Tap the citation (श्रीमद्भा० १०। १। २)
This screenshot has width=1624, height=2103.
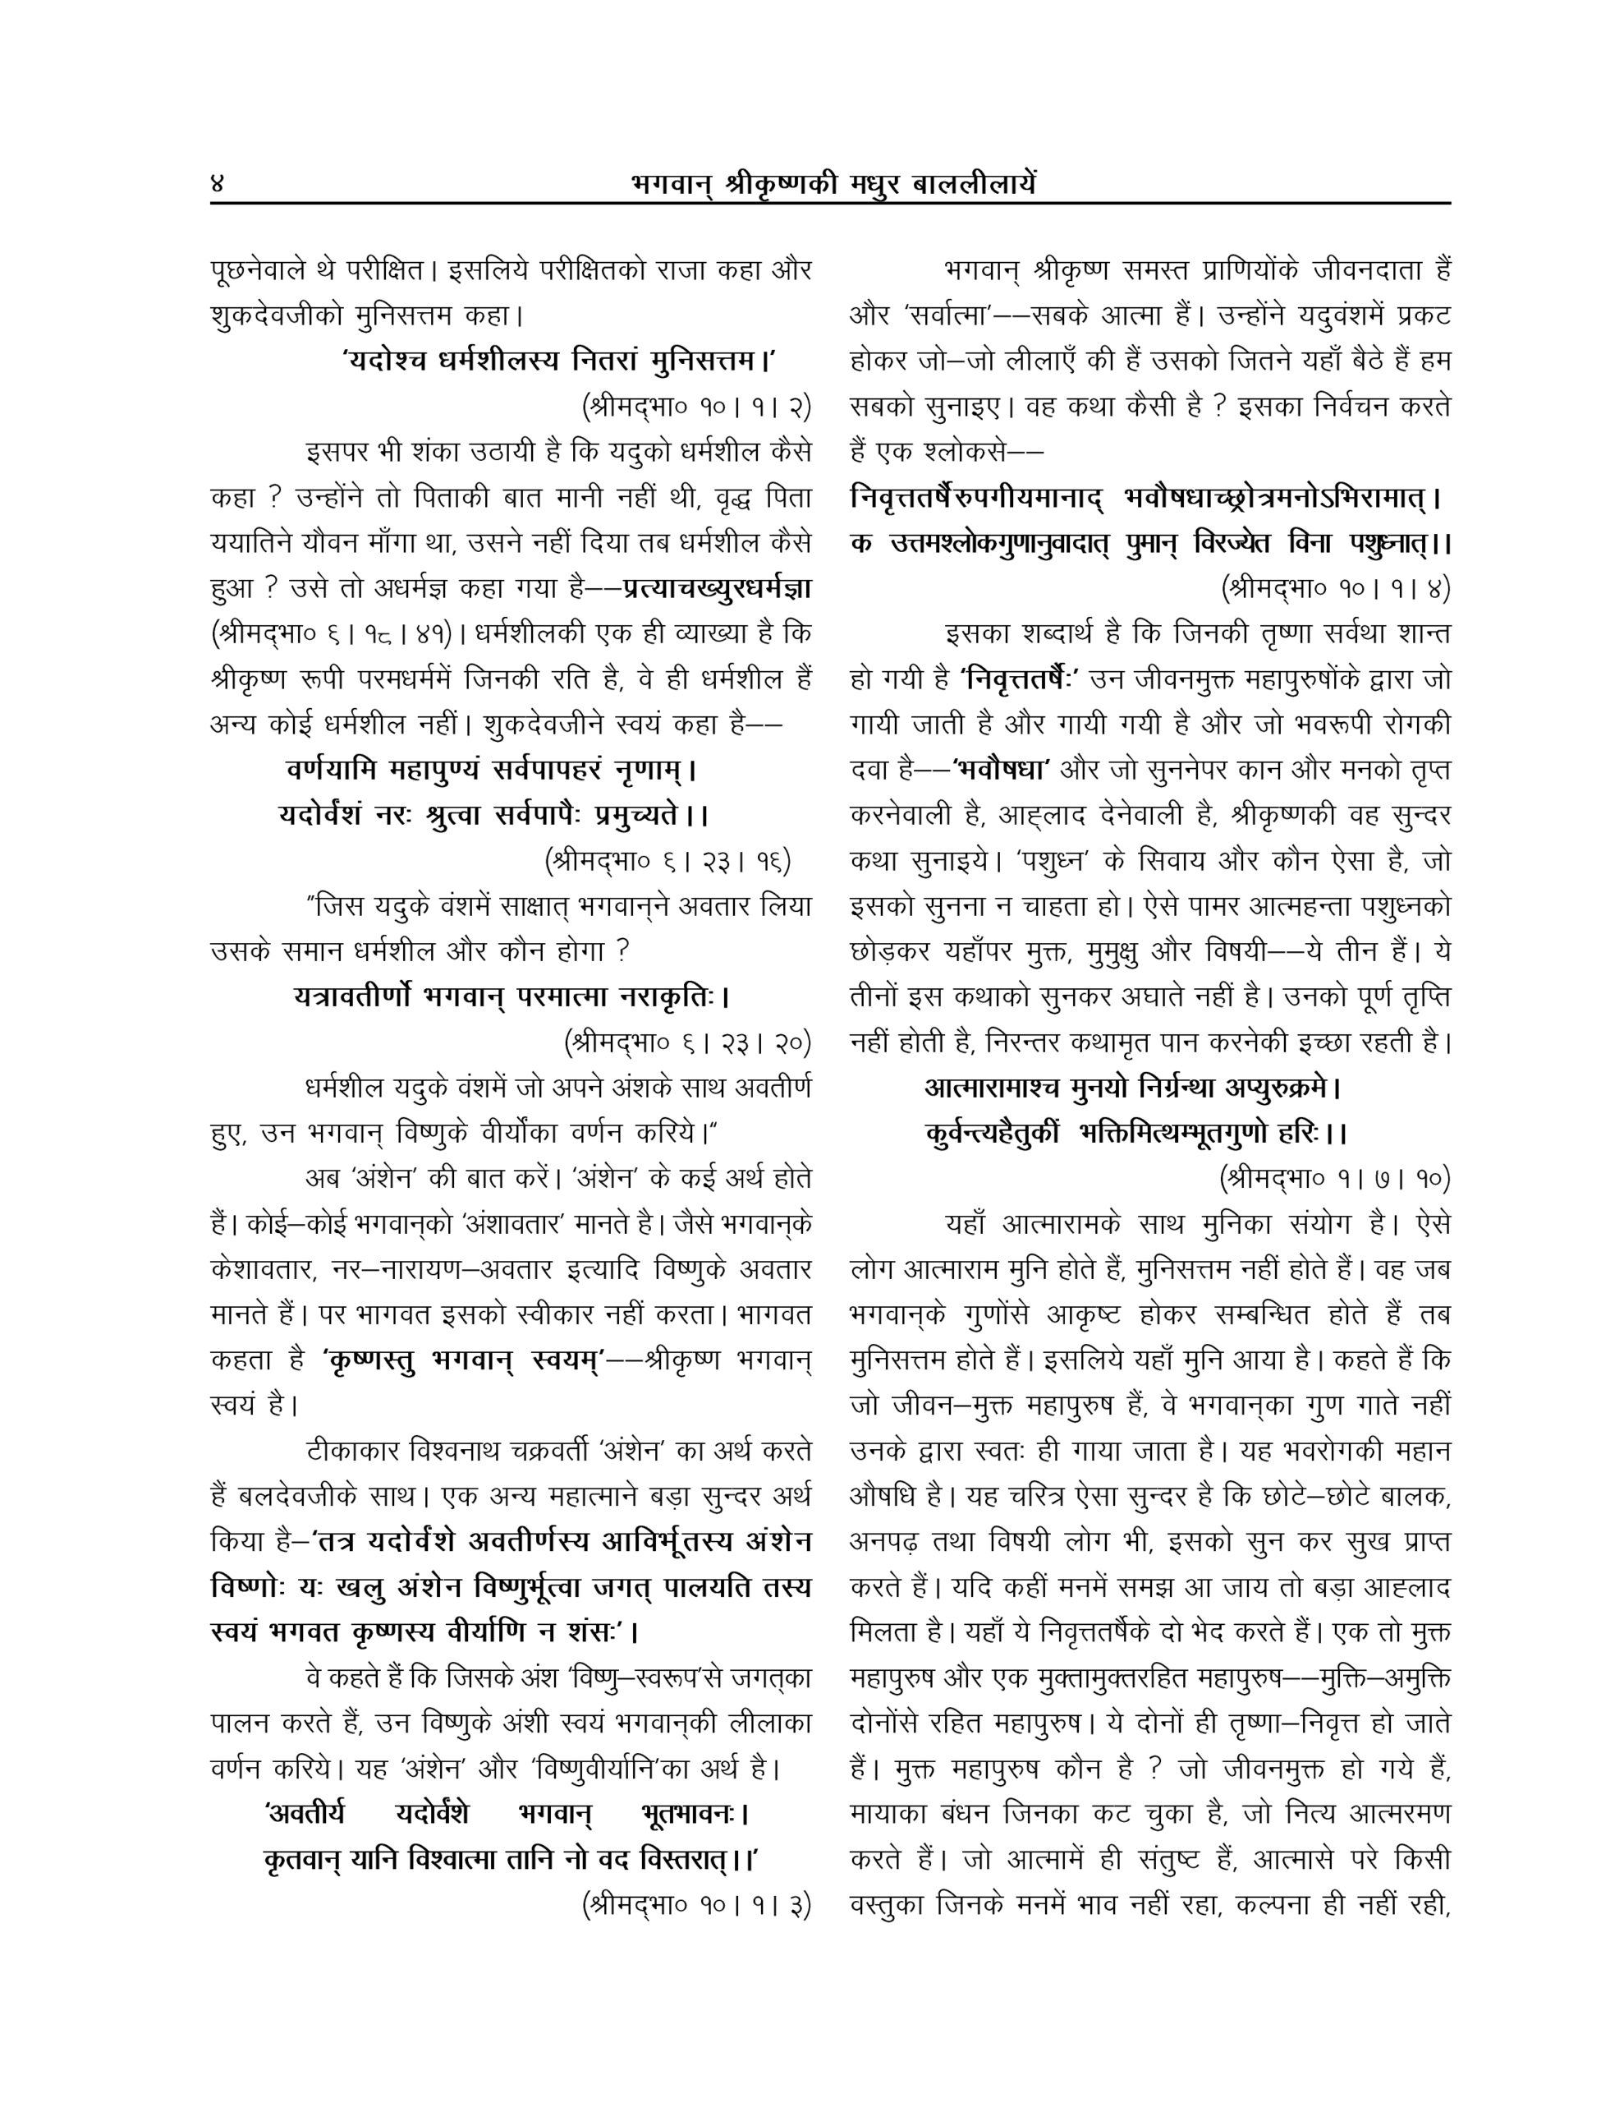click(x=697, y=407)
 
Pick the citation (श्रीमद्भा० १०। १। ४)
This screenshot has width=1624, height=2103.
click(x=1335, y=587)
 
